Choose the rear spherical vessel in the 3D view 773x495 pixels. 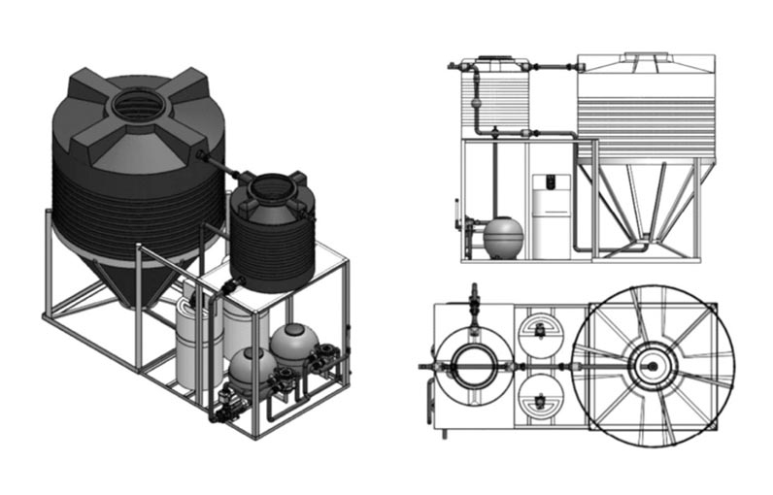tap(293, 343)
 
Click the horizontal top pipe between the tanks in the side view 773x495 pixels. tap(554, 66)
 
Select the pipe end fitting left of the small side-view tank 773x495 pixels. tap(452, 66)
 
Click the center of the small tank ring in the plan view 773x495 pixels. tap(473, 366)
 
